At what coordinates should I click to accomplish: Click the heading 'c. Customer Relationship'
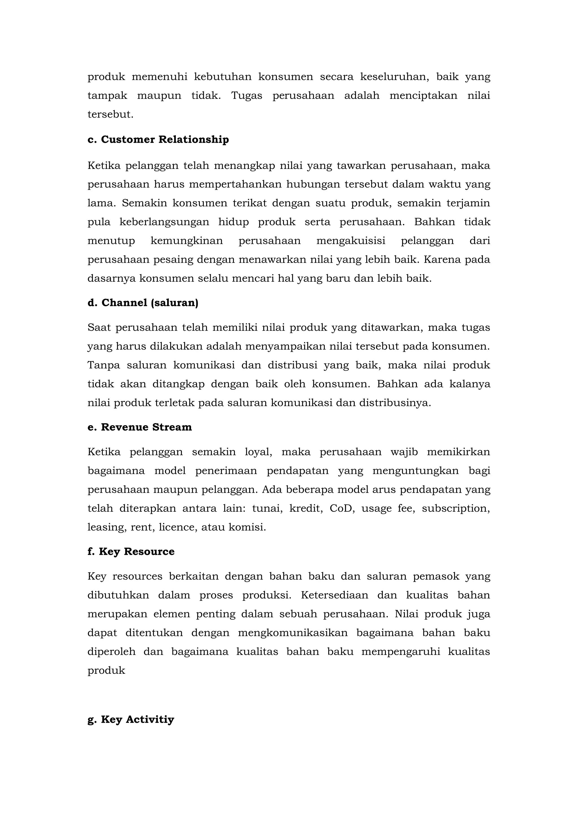[x=158, y=140]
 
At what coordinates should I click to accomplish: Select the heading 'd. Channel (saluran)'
[x=143, y=303]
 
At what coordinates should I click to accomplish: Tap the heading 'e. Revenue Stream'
[x=140, y=427]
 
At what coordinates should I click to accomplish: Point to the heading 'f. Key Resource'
[x=131, y=551]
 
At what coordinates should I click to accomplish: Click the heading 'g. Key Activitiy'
[x=131, y=719]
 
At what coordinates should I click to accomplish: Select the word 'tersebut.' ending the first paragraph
[x=110, y=114]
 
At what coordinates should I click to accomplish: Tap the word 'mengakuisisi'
[x=351, y=241]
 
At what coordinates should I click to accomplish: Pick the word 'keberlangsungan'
[x=164, y=222]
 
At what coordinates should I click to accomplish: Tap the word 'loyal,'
[x=259, y=452]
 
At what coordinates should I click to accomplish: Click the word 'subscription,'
[x=456, y=508]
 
